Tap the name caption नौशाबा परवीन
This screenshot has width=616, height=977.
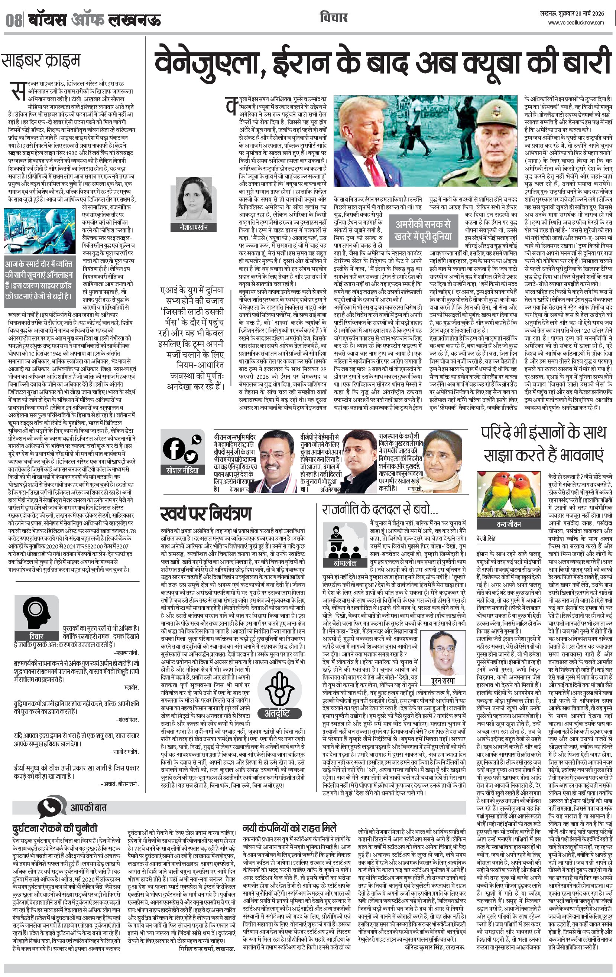(x=194, y=228)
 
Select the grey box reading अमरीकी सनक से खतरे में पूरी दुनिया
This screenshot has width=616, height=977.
(x=424, y=231)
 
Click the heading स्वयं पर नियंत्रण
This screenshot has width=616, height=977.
(x=206, y=513)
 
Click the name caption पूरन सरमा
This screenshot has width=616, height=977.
(x=442, y=681)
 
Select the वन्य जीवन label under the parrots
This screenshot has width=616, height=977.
(x=508, y=524)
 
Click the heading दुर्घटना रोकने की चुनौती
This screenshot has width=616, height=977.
(x=55, y=828)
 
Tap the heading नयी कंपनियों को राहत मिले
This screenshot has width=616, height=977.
(x=289, y=828)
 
